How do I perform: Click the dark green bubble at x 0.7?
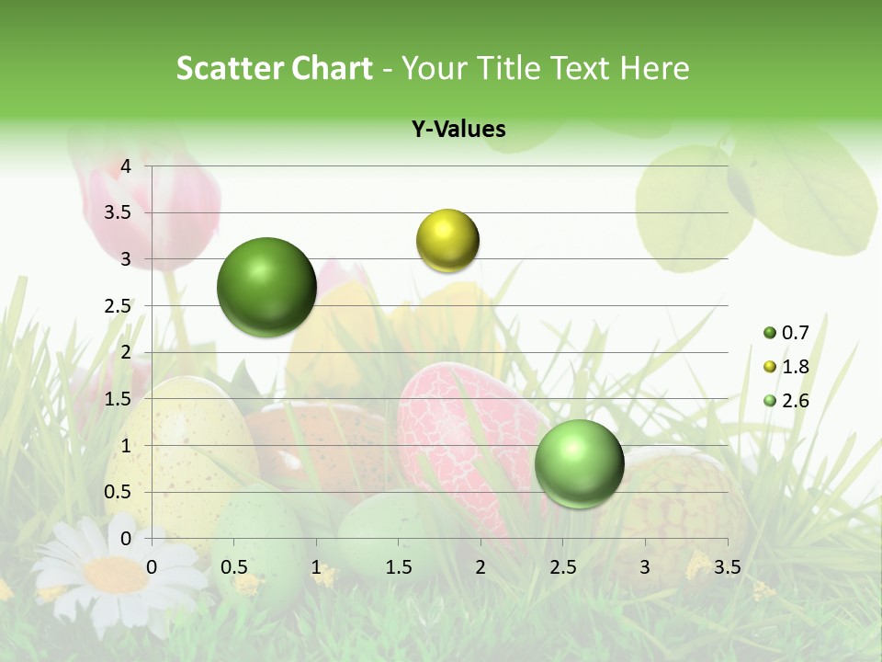coord(266,287)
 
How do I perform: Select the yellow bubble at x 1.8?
coord(447,240)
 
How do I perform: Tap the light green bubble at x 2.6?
coord(579,463)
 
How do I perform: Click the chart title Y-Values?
coord(458,130)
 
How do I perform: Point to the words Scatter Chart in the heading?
coord(274,68)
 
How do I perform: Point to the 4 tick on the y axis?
coord(127,166)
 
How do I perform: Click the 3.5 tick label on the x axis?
coord(727,566)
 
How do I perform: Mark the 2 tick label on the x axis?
coord(481,566)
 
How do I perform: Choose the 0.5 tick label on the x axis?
coord(234,566)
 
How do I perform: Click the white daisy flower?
coord(115,575)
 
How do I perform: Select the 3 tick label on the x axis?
coord(645,566)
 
